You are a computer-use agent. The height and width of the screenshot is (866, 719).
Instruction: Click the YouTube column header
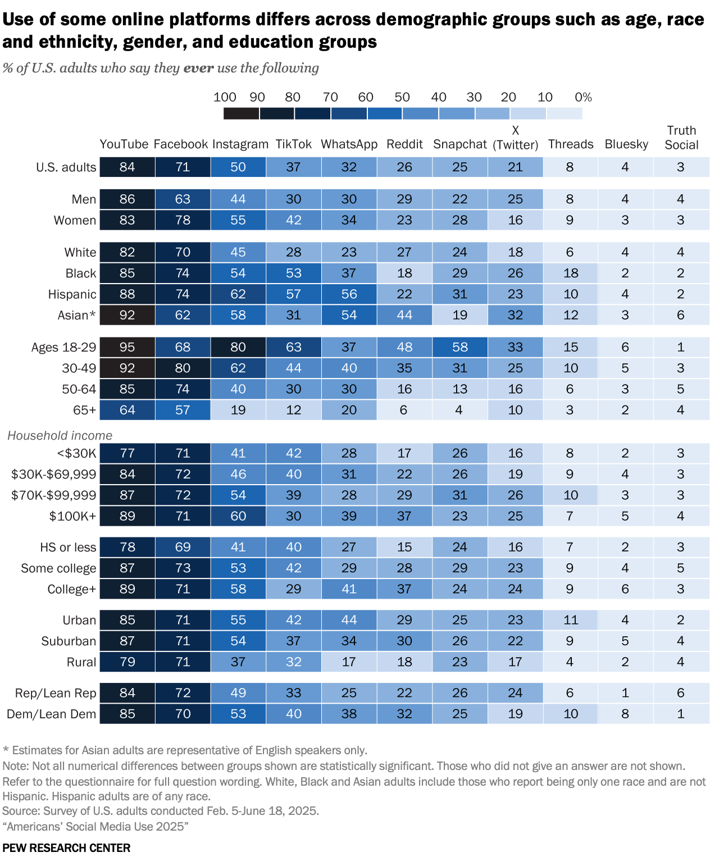coord(124,144)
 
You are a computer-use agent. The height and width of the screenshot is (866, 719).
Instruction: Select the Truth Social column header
coord(681,138)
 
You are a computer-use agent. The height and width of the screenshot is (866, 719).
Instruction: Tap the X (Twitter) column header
coord(515,138)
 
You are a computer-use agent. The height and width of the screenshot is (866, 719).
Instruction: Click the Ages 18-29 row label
coord(63,347)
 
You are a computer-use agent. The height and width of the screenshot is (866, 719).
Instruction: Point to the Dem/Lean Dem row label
coord(51,714)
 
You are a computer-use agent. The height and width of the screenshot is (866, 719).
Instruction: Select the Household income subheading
coord(60,435)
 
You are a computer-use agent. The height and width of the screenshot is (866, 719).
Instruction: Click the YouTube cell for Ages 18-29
coord(128,347)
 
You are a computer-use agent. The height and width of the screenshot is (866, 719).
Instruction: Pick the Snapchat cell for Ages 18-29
coord(459,347)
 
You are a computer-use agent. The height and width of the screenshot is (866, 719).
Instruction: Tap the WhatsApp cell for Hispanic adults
coord(349,294)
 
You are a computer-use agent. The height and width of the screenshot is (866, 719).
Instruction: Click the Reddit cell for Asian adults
coord(404,315)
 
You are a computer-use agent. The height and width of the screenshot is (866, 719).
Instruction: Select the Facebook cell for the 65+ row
coord(183,410)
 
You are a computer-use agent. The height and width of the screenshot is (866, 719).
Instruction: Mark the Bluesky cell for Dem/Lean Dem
coord(625,714)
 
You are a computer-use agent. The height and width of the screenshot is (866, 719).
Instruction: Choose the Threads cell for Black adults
coord(571,274)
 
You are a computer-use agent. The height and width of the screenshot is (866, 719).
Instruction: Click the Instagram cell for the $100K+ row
coord(238,516)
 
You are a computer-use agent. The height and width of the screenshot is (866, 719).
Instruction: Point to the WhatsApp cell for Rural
coord(349,662)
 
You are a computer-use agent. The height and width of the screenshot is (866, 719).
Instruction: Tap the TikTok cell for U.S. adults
coord(293,167)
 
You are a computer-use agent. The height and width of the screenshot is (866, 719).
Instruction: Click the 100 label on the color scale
coord(225,97)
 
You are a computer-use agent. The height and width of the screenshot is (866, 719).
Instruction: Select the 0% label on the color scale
coord(583,97)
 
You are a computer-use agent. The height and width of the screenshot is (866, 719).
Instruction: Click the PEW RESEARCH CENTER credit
coord(66,848)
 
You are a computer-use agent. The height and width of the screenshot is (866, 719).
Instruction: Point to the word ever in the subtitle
coord(198,69)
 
